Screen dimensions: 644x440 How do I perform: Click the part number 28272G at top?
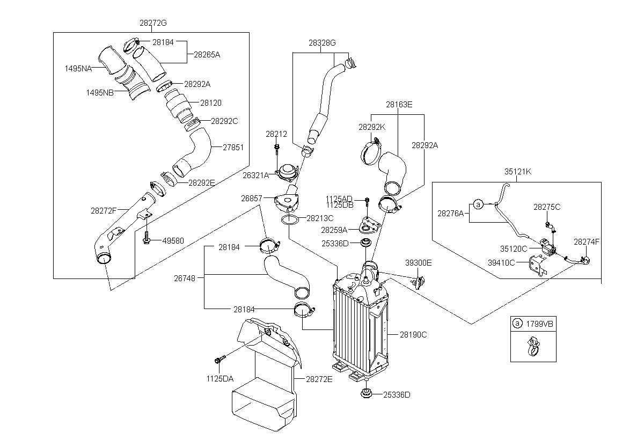(x=153, y=23)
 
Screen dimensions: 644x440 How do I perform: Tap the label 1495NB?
(x=100, y=93)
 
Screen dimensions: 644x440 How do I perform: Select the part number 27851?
(x=233, y=148)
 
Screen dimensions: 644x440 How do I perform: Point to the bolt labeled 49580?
(x=147, y=237)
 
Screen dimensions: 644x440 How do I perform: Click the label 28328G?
(x=322, y=43)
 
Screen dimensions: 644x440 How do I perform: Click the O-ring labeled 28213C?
(x=290, y=220)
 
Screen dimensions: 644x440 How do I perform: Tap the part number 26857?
(x=252, y=199)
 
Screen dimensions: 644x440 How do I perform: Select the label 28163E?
(x=399, y=105)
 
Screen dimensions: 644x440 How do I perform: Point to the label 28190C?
(x=413, y=335)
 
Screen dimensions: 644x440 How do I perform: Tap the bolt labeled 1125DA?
(x=220, y=359)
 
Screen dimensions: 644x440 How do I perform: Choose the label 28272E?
(x=319, y=379)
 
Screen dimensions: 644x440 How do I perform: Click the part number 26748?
(x=185, y=278)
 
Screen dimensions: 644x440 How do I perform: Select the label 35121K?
(x=518, y=172)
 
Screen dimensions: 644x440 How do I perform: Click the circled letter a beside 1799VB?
(x=517, y=324)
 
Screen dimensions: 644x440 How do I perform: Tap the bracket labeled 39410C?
(x=537, y=266)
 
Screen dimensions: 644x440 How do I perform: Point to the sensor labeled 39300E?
(x=419, y=282)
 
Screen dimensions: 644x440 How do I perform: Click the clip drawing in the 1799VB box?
(x=533, y=346)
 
